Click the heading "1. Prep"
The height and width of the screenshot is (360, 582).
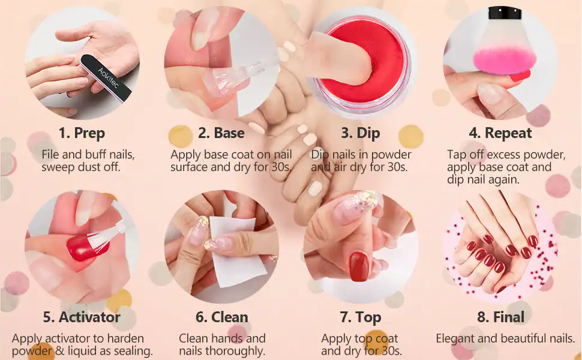[x=82, y=133]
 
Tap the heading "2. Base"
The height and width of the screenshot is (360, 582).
[x=221, y=133]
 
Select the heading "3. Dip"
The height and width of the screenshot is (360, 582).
[x=361, y=133]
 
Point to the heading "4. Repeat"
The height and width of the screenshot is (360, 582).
[x=500, y=133]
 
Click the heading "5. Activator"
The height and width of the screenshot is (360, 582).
[x=82, y=317]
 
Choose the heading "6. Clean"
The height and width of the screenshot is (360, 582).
[x=221, y=317]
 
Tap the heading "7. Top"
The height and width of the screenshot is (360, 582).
[x=361, y=317]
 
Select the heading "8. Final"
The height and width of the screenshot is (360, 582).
[x=501, y=317]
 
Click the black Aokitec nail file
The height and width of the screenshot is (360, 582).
[x=106, y=78]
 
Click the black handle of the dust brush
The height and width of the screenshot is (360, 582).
[x=505, y=13]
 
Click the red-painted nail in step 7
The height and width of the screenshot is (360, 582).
[x=359, y=266]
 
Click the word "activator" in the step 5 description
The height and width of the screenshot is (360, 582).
[x=68, y=338]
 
